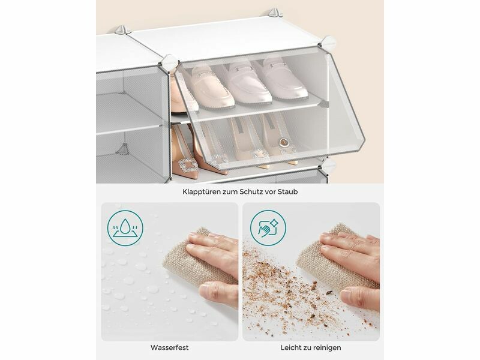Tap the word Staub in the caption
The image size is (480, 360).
[288, 192]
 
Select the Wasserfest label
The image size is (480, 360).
[169, 347]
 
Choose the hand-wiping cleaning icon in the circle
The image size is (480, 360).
[268, 228]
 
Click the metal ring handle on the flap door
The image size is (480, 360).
[284, 142]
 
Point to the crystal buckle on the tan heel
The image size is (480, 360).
[188, 166]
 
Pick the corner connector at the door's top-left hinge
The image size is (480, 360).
[170, 62]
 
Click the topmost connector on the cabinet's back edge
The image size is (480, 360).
[274, 13]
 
